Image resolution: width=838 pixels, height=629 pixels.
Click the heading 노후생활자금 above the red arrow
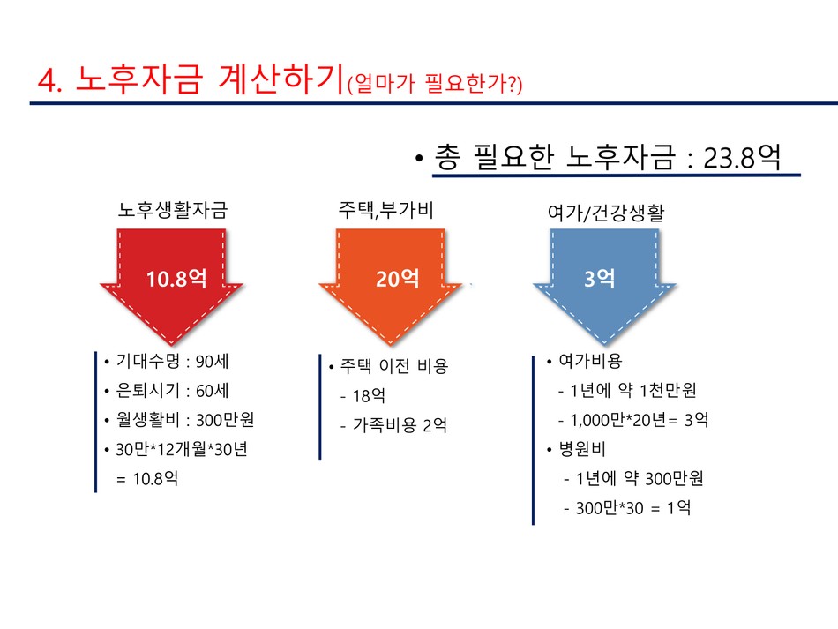tap(173, 209)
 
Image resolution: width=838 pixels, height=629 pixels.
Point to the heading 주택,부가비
tap(385, 209)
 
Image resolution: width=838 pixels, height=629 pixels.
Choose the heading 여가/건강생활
tap(606, 213)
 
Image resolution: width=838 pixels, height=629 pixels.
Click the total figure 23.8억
tap(742, 158)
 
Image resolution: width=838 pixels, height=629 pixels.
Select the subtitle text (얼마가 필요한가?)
tap(435, 84)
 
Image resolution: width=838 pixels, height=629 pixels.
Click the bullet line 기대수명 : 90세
tap(172, 362)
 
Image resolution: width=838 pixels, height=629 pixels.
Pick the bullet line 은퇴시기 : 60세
tap(172, 391)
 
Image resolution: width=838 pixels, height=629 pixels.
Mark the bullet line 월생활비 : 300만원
tap(185, 420)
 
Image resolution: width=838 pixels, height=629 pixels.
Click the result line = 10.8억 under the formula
tap(147, 478)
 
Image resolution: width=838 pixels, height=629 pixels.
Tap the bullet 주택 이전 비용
tap(394, 366)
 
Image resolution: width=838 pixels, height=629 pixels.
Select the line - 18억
tap(363, 395)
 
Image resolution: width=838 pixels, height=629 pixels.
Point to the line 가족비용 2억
tap(400, 425)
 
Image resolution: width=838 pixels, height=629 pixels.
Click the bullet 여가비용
tap(590, 361)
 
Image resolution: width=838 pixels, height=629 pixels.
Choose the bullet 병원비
tap(582, 449)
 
